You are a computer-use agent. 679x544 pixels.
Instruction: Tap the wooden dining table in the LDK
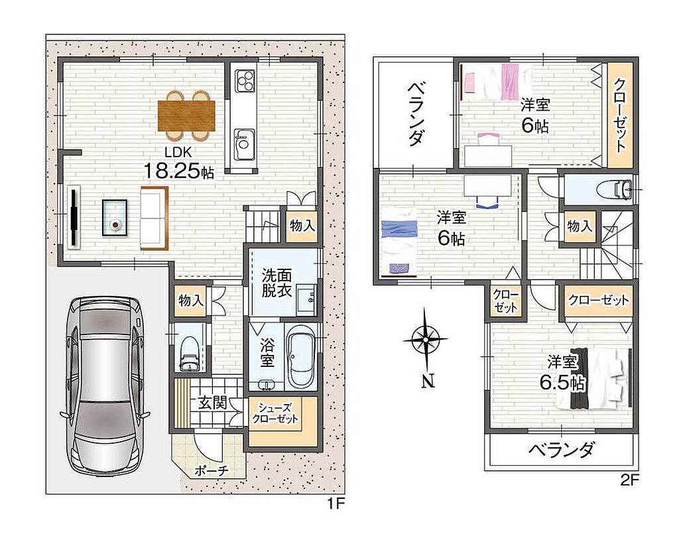click(x=186, y=115)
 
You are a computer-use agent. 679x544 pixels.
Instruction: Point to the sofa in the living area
click(x=154, y=218)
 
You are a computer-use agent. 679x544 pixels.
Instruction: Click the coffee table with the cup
click(x=115, y=218)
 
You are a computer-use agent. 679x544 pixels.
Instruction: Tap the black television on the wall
click(x=74, y=216)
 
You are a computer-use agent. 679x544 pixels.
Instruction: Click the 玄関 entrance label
click(x=212, y=403)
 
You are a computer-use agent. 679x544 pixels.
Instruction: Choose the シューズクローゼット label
click(x=275, y=413)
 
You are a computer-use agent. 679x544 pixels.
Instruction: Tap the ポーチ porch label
click(x=212, y=470)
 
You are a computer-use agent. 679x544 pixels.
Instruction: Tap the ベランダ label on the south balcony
click(x=561, y=450)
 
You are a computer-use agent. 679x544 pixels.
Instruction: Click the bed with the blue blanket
click(x=399, y=240)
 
